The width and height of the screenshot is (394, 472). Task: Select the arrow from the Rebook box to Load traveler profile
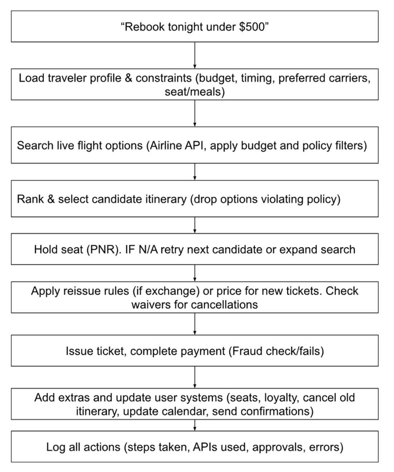coord(194,55)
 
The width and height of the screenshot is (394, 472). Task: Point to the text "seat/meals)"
coord(194,92)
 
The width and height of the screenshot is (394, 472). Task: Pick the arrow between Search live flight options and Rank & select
coord(194,172)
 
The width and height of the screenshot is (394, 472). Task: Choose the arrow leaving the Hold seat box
coord(194,273)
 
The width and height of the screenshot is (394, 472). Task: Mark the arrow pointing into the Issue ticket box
coord(194,324)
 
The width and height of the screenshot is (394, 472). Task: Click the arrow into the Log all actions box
coord(194,425)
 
